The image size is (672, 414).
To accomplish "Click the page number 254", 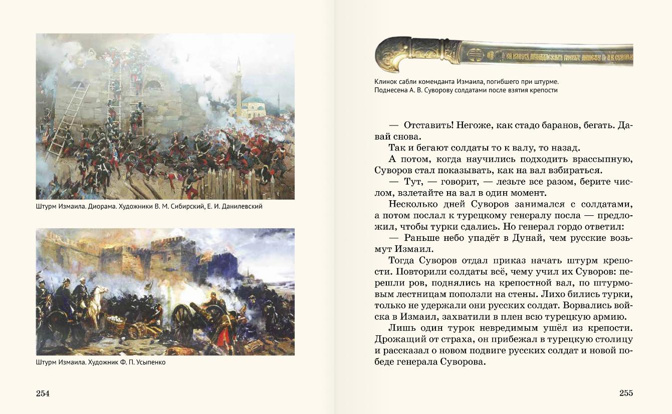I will pos(43,393).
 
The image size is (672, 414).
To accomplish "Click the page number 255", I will pos(626,393).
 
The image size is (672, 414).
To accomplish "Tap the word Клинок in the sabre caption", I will pos(385,81).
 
